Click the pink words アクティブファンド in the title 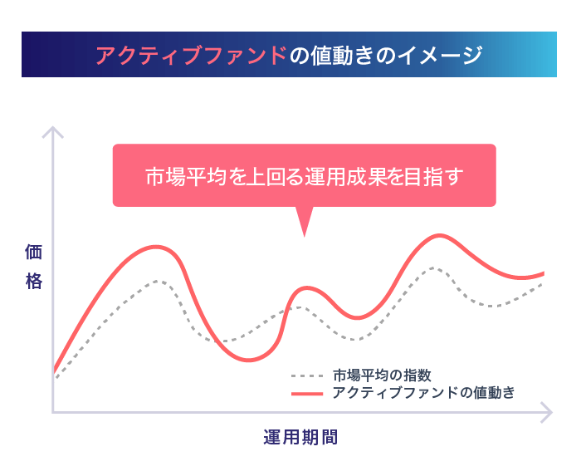point(191,55)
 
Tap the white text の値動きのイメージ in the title point(386,55)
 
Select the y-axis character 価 point(34,253)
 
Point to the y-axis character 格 point(34,281)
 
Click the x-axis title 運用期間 point(300,437)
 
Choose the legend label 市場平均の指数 point(382,375)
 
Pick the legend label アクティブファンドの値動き point(423,393)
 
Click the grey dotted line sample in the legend point(307,376)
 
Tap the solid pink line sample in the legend point(307,394)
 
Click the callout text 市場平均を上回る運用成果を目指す point(305,176)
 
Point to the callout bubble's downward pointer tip point(305,236)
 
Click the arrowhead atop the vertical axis point(53,128)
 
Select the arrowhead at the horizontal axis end point(551,412)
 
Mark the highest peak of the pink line point(439,235)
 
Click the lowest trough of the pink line point(249,360)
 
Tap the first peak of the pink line point(156,247)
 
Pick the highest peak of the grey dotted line point(433,267)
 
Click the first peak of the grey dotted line point(157,281)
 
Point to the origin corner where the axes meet point(53,412)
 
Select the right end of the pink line point(544,273)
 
